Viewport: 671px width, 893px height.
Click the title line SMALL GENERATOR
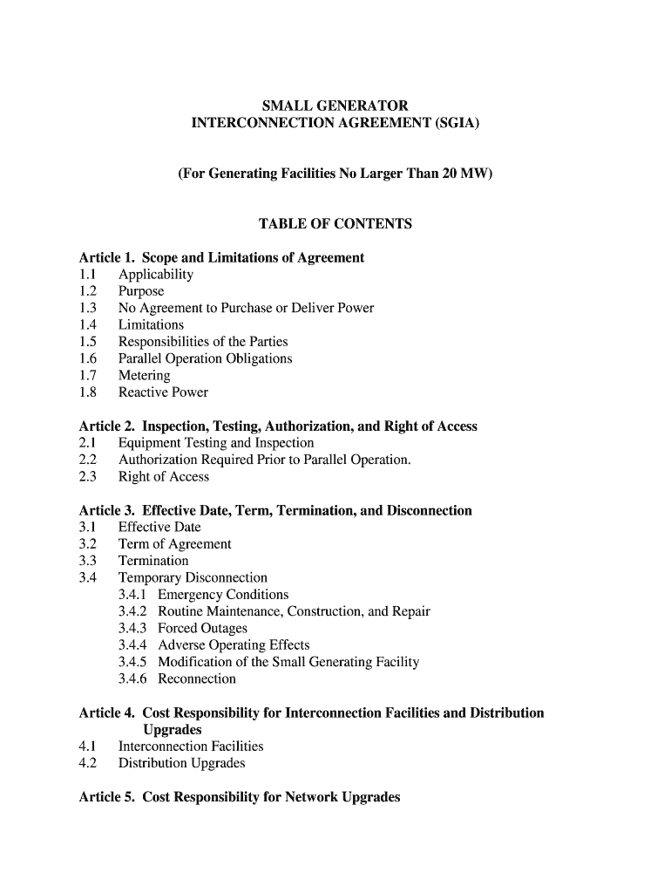point(335,106)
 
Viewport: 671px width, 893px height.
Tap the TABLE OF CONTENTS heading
point(335,224)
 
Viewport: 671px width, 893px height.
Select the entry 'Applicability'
point(156,275)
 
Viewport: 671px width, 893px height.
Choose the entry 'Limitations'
point(151,324)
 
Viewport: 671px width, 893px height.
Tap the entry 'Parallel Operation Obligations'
point(205,358)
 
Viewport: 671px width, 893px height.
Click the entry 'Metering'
point(144,376)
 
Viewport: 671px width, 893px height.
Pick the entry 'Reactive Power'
point(163,392)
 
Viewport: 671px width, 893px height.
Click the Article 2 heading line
point(278,426)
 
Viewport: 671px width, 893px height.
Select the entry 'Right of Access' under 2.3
point(164,477)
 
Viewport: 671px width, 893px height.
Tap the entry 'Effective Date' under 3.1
point(159,528)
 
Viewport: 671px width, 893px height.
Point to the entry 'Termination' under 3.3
point(153,561)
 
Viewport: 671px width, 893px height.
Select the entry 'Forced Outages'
point(202,629)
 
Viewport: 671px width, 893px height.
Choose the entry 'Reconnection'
point(197,679)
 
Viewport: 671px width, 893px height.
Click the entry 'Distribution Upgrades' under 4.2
point(181,763)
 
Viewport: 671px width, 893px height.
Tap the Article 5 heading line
point(240,797)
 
